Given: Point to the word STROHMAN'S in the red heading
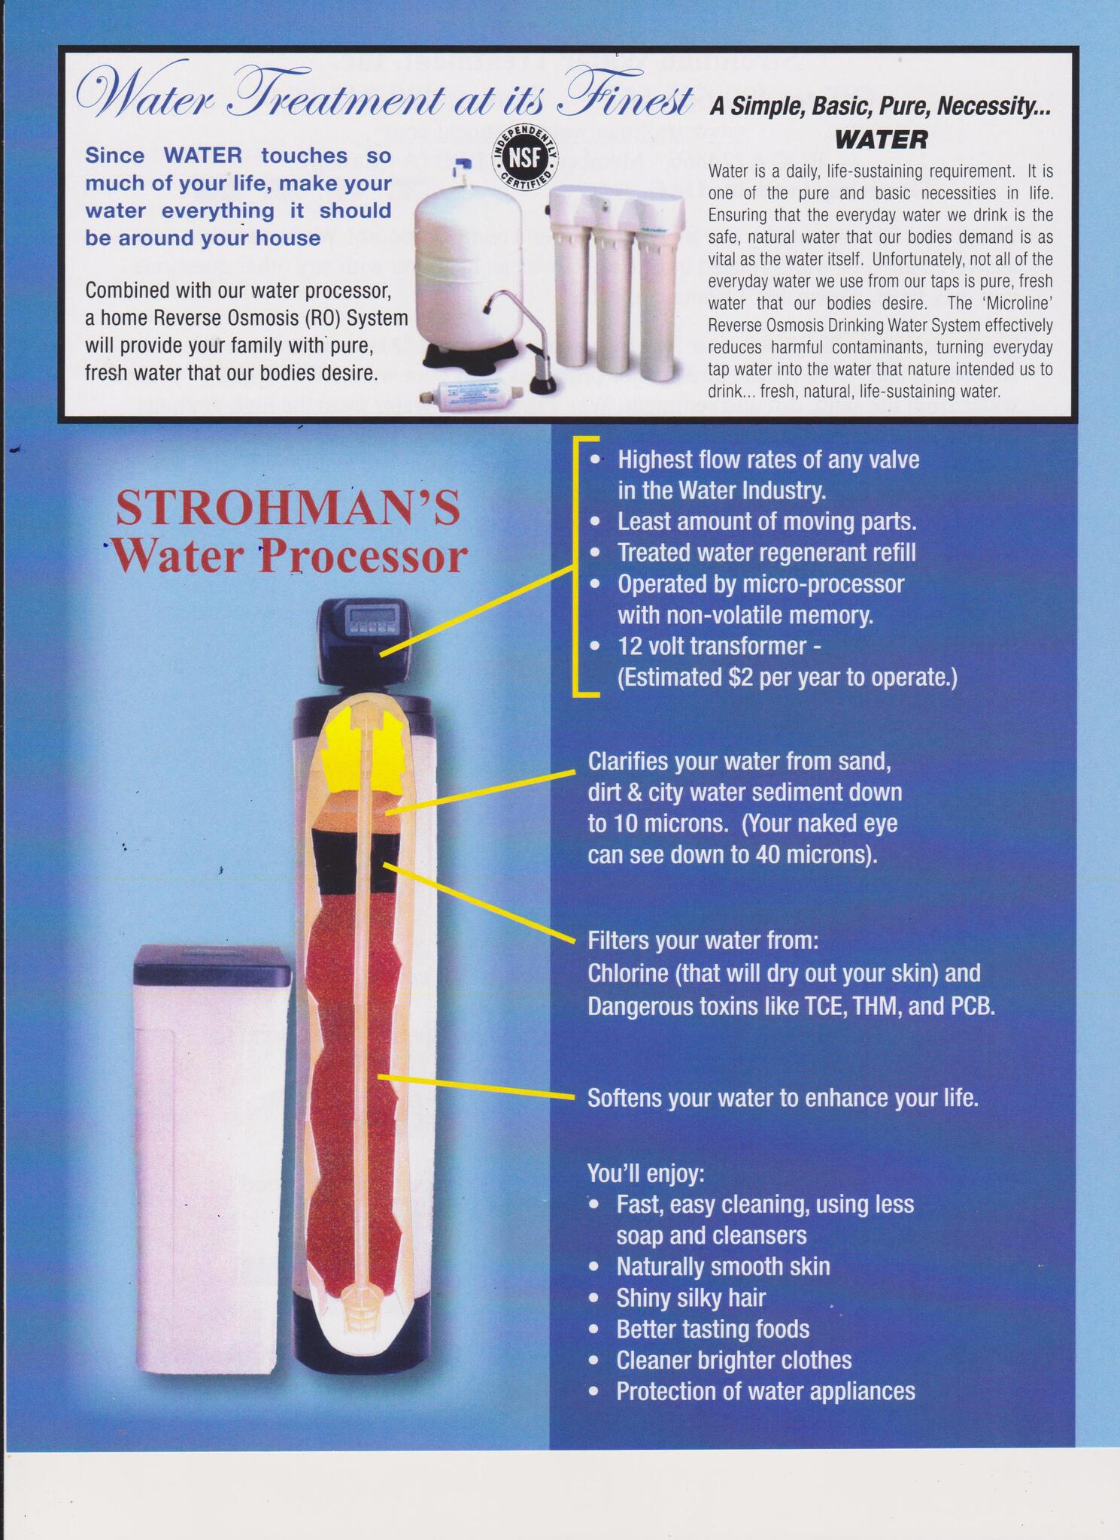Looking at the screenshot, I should (x=287, y=508).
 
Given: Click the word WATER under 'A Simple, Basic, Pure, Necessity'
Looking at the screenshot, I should (x=882, y=139).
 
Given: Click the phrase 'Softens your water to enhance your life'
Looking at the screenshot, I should (x=782, y=1099).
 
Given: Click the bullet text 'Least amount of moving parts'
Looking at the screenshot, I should (x=766, y=521).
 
